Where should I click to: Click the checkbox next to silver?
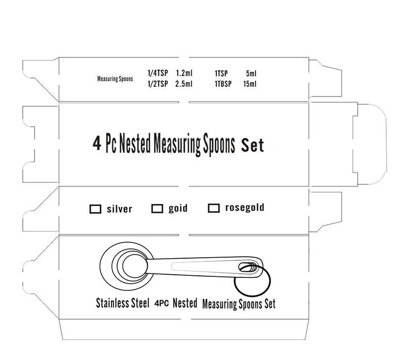(x=95, y=209)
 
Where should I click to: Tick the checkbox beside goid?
(x=157, y=209)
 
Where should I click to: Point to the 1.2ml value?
(x=184, y=74)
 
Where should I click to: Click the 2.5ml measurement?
(x=184, y=84)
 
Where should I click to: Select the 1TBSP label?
(x=224, y=84)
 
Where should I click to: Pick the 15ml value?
(x=249, y=84)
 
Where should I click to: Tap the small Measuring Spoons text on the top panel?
(x=115, y=79)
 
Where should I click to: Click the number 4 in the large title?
(x=96, y=143)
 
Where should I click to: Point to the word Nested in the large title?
(x=135, y=144)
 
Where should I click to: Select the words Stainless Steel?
(x=122, y=302)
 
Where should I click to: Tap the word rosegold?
(x=245, y=208)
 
